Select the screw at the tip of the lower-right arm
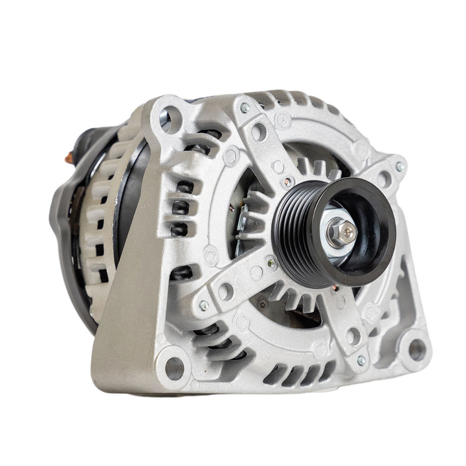[x=361, y=360]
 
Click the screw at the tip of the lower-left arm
[x=203, y=305]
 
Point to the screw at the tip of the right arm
[x=399, y=166]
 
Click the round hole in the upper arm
[x=259, y=132]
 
